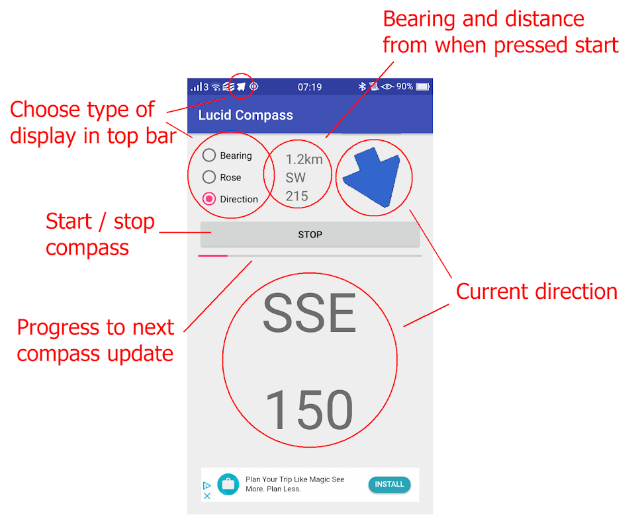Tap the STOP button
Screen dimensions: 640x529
tap(310, 235)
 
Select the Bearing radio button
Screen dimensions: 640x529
tap(209, 155)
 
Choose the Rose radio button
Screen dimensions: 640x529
tap(209, 177)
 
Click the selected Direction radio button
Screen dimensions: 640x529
tap(209, 198)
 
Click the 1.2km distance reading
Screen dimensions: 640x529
tap(304, 159)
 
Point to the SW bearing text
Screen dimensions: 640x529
tap(295, 177)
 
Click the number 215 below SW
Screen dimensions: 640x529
tap(297, 196)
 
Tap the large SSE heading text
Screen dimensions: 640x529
tap(310, 313)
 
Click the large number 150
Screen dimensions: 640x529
tap(309, 409)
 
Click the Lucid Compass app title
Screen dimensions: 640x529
tap(246, 115)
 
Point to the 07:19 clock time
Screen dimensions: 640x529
tap(309, 87)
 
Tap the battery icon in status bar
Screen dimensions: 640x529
tap(423, 87)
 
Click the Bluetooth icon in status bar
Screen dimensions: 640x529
tap(361, 87)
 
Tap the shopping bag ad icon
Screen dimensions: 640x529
tap(228, 484)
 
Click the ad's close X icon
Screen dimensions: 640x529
tap(207, 496)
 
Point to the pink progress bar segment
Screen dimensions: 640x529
tap(212, 256)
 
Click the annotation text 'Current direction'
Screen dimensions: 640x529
tap(537, 292)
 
